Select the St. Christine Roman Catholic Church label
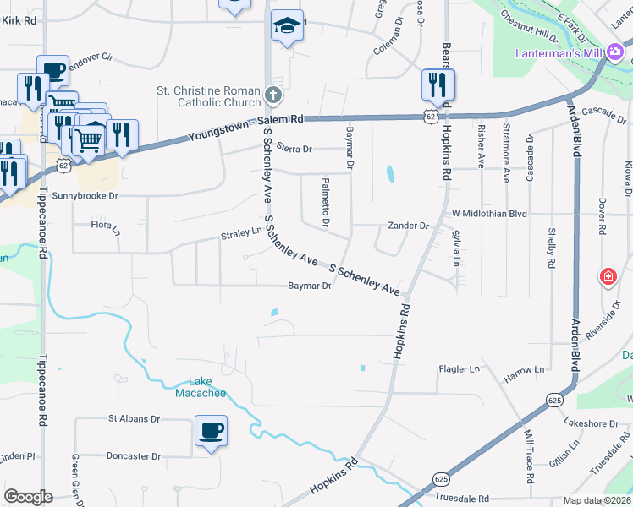click(x=208, y=96)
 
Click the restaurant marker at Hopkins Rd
click(x=438, y=84)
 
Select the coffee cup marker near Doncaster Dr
click(x=211, y=430)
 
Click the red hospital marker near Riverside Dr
click(x=608, y=276)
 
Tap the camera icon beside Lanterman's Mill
click(x=615, y=53)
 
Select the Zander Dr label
click(x=409, y=226)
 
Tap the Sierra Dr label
click(x=294, y=149)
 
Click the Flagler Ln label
click(x=459, y=369)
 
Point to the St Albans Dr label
click(x=134, y=418)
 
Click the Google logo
click(x=28, y=497)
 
